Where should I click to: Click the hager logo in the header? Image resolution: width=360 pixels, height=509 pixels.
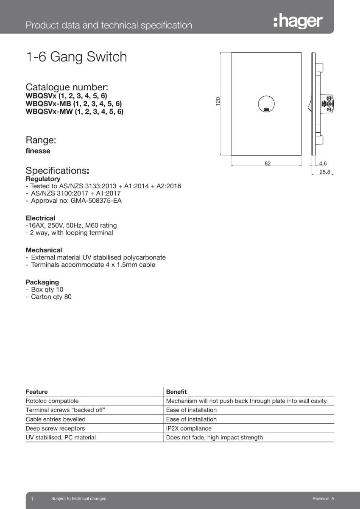tap(298, 21)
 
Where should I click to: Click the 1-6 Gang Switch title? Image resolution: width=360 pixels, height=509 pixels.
tap(76, 57)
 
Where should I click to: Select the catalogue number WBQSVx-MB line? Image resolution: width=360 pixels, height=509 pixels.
tap(74, 104)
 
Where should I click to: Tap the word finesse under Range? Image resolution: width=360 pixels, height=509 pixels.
tap(38, 151)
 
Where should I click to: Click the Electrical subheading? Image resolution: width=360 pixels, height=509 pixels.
tap(40, 218)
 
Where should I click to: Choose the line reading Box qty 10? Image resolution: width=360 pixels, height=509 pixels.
tap(47, 289)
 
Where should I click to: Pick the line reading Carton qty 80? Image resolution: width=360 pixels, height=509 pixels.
tap(51, 297)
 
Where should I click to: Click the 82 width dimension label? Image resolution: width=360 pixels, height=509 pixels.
tap(268, 163)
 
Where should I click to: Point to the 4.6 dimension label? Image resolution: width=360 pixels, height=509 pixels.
tap(323, 163)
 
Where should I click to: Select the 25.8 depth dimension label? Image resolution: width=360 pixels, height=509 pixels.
tap(325, 172)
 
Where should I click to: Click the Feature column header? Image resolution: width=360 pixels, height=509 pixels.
tap(37, 392)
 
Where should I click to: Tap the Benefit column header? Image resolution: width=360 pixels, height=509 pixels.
tap(176, 392)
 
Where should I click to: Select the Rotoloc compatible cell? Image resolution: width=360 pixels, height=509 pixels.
tap(52, 401)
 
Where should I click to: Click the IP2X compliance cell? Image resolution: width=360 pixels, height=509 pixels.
tap(189, 428)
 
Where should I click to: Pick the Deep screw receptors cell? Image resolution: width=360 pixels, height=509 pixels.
tap(55, 428)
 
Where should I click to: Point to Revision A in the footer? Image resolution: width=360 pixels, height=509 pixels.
tap(323, 499)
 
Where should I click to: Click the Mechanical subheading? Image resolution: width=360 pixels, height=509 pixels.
tap(44, 250)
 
